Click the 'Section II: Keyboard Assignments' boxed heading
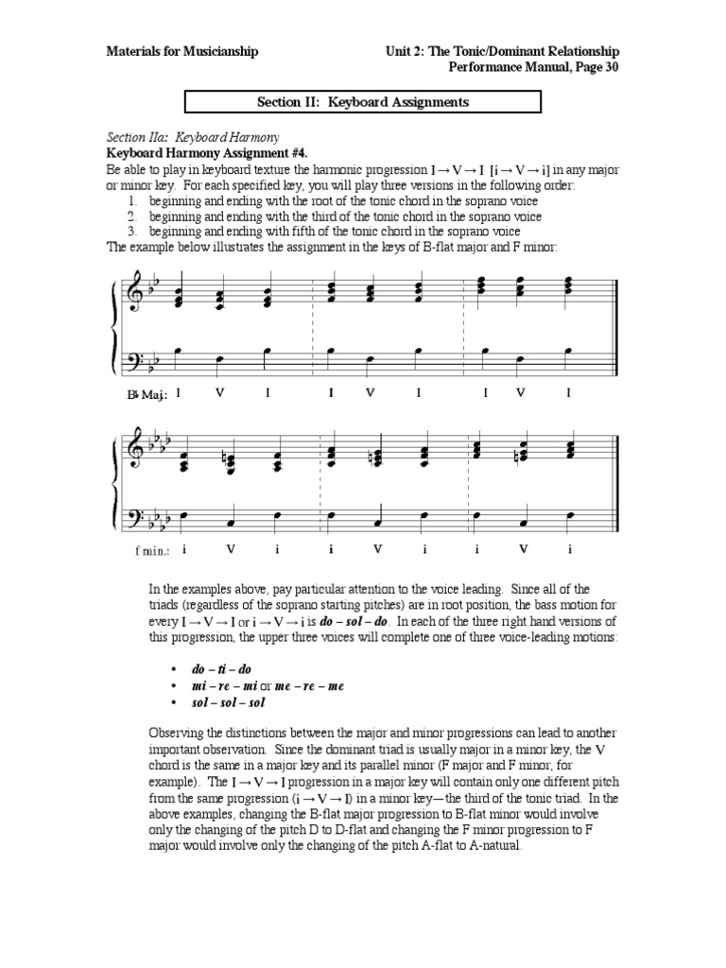pyautogui.click(x=362, y=102)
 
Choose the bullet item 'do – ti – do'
pyautogui.click(x=219, y=668)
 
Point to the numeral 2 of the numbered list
pyautogui.click(x=133, y=216)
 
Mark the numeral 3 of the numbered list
pyautogui.click(x=133, y=231)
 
